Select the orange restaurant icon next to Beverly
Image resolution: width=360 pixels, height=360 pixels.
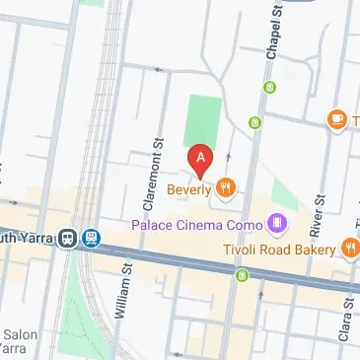point(226,185)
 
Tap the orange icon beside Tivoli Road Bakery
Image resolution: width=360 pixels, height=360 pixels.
point(349,246)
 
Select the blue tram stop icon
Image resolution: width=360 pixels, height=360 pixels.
point(92,238)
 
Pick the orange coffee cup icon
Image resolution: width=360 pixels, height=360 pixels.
point(336,119)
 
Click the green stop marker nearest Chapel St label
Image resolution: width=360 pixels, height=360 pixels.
point(267,88)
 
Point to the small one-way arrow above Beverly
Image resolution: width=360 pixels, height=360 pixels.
point(229,157)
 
